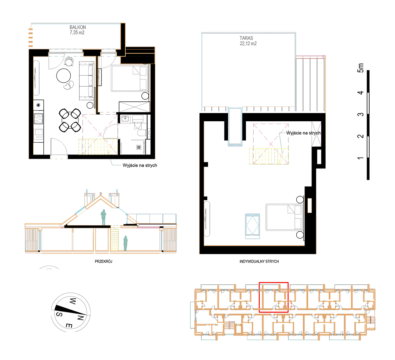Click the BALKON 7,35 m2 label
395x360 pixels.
coord(78,30)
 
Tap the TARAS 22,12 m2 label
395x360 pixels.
coord(248,41)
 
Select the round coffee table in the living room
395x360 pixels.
coord(64,76)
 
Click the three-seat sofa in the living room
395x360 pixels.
coord(86,80)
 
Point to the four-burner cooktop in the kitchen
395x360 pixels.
coord(39,119)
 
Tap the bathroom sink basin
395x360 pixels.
coord(125,119)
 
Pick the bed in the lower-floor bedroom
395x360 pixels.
coord(130,78)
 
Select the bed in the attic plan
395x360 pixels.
coord(284,217)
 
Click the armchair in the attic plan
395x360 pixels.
coord(253,226)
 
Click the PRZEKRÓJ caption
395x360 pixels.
coord(103,262)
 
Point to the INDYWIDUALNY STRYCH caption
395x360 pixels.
coord(259,262)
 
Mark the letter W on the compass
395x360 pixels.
coord(73,301)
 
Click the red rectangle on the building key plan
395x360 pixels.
coord(274,297)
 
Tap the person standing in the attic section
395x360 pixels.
coord(103,217)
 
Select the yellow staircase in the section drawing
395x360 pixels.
coord(115,239)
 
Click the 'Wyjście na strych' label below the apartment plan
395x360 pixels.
coord(140,165)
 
